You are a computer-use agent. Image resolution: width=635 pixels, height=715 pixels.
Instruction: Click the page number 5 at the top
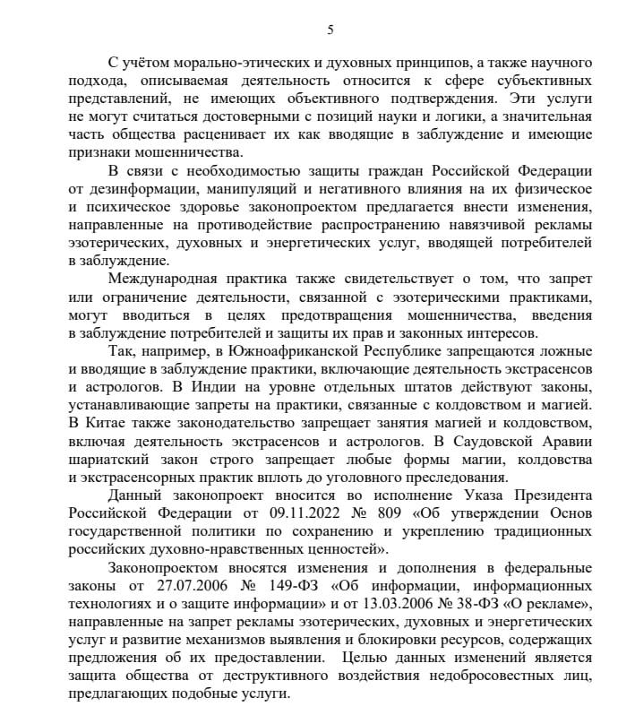point(330,30)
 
